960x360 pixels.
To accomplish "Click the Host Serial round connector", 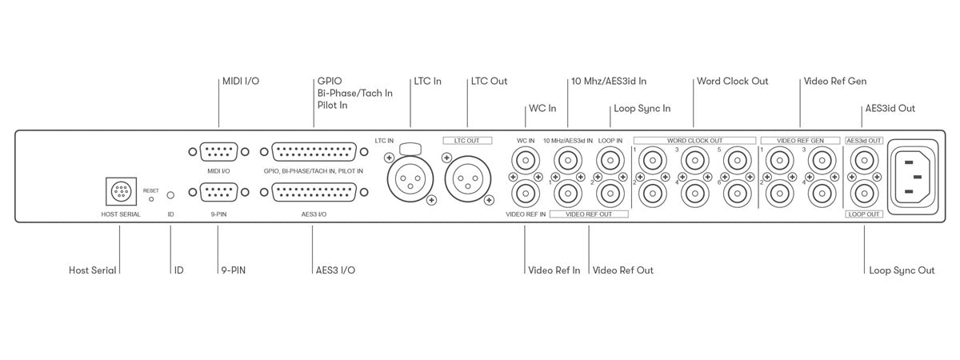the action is pyautogui.click(x=122, y=191).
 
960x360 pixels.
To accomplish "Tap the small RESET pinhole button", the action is pyautogui.click(x=151, y=199).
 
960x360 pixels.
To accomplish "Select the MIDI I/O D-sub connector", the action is pyautogui.click(x=218, y=152).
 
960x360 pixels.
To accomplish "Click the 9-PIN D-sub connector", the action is pyautogui.click(x=218, y=193).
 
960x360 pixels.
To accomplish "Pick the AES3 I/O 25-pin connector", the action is pyautogui.click(x=314, y=193).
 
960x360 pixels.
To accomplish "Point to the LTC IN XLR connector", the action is pyautogui.click(x=410, y=178).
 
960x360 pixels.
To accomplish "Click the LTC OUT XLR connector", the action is pyautogui.click(x=467, y=178).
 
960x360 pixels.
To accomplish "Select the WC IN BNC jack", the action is pyautogui.click(x=526, y=161).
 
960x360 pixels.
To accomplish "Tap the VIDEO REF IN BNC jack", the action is pyautogui.click(x=526, y=194).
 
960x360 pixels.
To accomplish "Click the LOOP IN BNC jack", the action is pyautogui.click(x=610, y=161).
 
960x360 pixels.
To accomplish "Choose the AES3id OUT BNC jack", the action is pyautogui.click(x=864, y=161).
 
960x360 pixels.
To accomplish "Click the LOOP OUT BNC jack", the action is pyautogui.click(x=864, y=194).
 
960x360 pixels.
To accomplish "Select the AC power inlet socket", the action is pyautogui.click(x=913, y=177).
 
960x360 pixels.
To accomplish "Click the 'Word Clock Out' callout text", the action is pyautogui.click(x=733, y=81).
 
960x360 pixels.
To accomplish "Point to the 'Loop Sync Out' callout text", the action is pyautogui.click(x=902, y=270).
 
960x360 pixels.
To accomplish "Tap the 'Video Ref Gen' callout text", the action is pyautogui.click(x=835, y=81).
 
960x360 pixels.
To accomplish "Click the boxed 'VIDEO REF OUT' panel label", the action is pyautogui.click(x=589, y=214).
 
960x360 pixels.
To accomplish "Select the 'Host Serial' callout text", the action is pyautogui.click(x=93, y=270).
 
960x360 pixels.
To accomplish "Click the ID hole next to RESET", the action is pyautogui.click(x=170, y=195).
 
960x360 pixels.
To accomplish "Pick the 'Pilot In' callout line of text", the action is pyautogui.click(x=333, y=105).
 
